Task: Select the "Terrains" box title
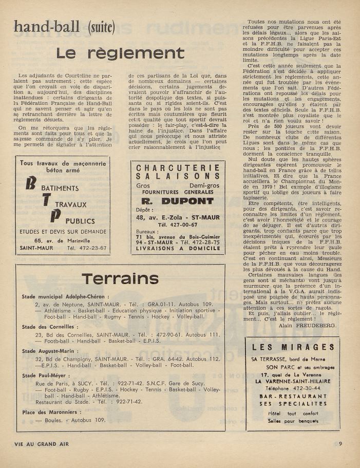click(x=120, y=278)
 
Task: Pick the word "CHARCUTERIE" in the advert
click(x=178, y=168)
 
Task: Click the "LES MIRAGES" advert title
click(x=294, y=347)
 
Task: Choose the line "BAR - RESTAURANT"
click(x=294, y=397)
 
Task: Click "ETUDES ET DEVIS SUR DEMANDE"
click(x=63, y=232)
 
